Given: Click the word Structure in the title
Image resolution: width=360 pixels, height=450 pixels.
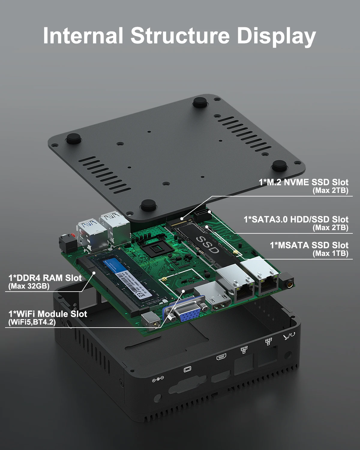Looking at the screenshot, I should click(x=180, y=36).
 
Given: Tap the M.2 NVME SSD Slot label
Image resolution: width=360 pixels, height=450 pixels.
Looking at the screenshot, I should click(x=303, y=182).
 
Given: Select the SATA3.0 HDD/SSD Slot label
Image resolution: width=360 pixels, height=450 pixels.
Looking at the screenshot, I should click(x=296, y=220).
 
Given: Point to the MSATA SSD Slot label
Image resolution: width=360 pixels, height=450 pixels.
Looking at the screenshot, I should click(x=309, y=245).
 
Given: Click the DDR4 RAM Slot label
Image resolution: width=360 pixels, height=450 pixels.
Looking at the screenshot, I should click(x=45, y=278).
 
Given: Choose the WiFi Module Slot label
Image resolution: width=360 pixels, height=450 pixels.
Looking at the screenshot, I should click(x=48, y=314).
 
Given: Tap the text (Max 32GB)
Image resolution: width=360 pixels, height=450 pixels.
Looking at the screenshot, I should click(x=29, y=286).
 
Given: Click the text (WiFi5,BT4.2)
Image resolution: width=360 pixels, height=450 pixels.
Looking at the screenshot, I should click(x=32, y=322).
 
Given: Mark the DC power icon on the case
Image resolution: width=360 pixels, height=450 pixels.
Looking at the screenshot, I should click(x=158, y=379).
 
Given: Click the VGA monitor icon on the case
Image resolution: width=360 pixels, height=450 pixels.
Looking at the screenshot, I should click(x=187, y=369).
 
